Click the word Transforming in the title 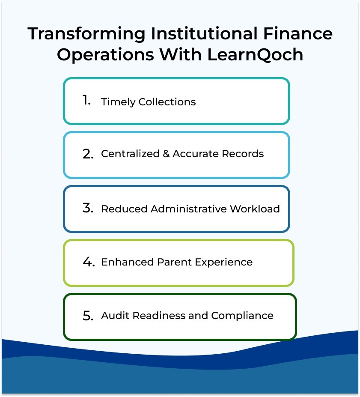click(x=86, y=34)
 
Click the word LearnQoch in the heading click(x=255, y=54)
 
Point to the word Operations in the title click(x=105, y=55)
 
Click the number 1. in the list click(x=86, y=100)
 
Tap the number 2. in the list click(x=88, y=154)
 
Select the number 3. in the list click(x=88, y=208)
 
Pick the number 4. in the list click(x=89, y=262)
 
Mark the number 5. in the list click(x=88, y=316)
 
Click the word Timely click(x=118, y=102)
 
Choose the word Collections click(x=167, y=102)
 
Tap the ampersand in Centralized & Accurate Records click(x=166, y=154)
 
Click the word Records click(x=243, y=154)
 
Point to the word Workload click(x=255, y=209)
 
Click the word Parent click(x=174, y=262)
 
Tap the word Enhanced click(x=127, y=262)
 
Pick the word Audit click(x=115, y=316)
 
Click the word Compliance click(x=242, y=316)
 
